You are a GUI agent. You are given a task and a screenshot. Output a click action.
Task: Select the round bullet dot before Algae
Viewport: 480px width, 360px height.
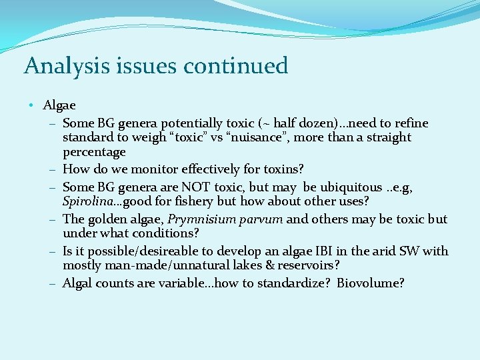click(32, 105)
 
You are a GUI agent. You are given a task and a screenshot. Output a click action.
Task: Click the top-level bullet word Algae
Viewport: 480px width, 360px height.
click(59, 105)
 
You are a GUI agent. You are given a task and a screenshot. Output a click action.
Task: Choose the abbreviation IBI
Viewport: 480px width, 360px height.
click(323, 251)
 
